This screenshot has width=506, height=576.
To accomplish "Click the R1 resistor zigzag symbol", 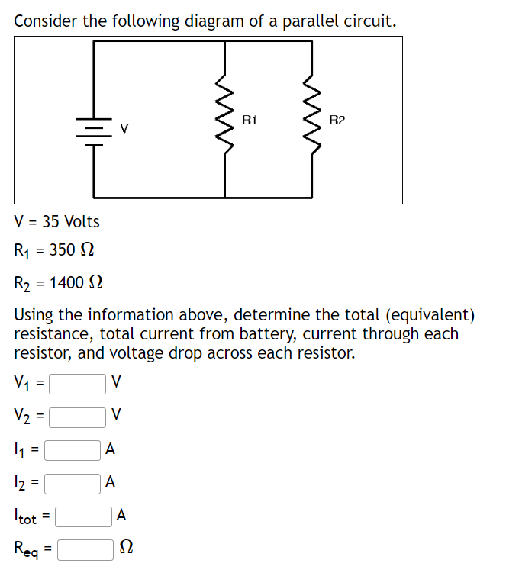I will click(224, 119).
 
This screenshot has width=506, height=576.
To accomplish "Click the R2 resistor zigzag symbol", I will click(311, 119).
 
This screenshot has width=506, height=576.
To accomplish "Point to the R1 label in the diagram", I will click(250, 120).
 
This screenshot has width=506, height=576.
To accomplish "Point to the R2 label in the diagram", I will click(337, 120).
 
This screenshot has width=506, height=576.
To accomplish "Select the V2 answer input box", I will click(77, 416).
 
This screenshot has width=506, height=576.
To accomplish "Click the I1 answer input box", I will click(73, 450).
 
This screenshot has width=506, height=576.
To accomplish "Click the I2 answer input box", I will click(73, 482).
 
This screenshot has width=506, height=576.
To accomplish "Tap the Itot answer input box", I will click(84, 516).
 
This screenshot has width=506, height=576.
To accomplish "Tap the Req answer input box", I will click(85, 548).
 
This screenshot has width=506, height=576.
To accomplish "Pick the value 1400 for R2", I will click(66, 284).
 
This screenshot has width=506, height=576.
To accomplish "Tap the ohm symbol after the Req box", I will click(127, 549).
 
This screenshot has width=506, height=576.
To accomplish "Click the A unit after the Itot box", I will click(122, 516).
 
